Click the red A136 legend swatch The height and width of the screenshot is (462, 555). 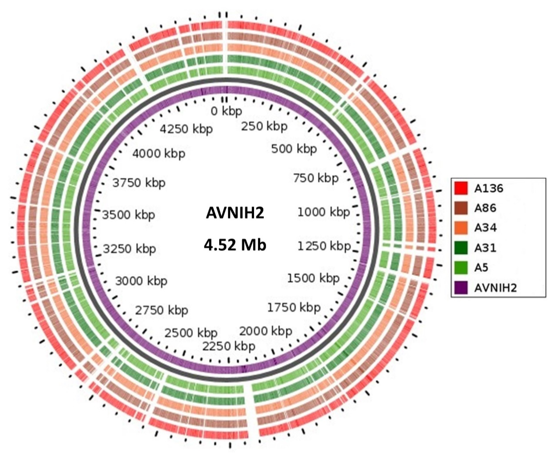click(x=461, y=188)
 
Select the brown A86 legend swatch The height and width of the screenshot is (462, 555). click(x=461, y=208)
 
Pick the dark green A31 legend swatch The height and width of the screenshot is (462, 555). click(x=461, y=248)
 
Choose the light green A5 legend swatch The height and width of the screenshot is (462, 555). click(x=461, y=268)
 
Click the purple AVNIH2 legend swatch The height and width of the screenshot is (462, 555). click(x=461, y=288)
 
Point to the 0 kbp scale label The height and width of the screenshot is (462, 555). click(x=226, y=111)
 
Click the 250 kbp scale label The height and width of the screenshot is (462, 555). click(x=264, y=126)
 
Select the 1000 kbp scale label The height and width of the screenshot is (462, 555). click(x=323, y=212)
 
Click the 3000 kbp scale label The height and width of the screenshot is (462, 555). click(x=141, y=281)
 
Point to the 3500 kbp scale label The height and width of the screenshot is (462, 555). click(x=128, y=215)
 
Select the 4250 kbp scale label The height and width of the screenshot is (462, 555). click(x=186, y=129)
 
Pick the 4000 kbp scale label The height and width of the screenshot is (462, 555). click(x=159, y=153)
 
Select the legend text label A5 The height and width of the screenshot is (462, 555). click(x=481, y=268)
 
